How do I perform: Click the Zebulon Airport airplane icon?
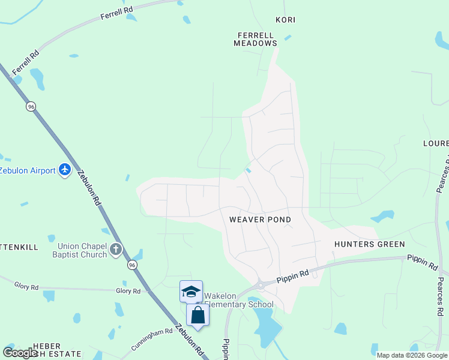65,170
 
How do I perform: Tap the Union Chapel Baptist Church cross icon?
116,249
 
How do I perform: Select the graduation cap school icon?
191,292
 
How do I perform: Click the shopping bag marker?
197,314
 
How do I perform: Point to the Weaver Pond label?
260,220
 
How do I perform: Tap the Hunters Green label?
369,244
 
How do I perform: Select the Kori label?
286,20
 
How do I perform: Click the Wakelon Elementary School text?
238,300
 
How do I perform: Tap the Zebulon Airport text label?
28,170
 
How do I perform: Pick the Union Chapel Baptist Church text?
82,250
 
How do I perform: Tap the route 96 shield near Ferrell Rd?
31,106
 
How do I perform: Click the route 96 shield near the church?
132,265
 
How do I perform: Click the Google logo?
20,353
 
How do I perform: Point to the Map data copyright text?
412,355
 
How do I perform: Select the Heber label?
47,346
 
